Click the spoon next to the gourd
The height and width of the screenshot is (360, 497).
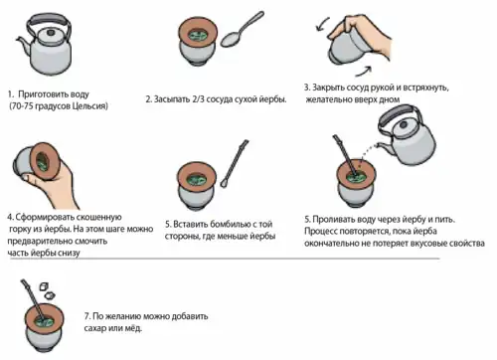[242, 30]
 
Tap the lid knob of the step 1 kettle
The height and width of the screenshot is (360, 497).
[51, 33]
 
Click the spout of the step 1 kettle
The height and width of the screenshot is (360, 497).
[24, 45]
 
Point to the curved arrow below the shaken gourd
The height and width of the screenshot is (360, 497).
[364, 71]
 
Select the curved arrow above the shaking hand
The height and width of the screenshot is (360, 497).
[322, 25]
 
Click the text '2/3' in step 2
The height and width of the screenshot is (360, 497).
[198, 99]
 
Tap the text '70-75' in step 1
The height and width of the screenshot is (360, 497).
[23, 106]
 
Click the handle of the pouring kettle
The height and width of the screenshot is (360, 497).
[401, 111]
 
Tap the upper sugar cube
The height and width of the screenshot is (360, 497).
[44, 286]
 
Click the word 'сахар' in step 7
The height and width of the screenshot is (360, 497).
[94, 328]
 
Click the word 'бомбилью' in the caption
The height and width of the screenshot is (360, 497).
[231, 224]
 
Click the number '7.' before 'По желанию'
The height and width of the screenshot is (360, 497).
[87, 316]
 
